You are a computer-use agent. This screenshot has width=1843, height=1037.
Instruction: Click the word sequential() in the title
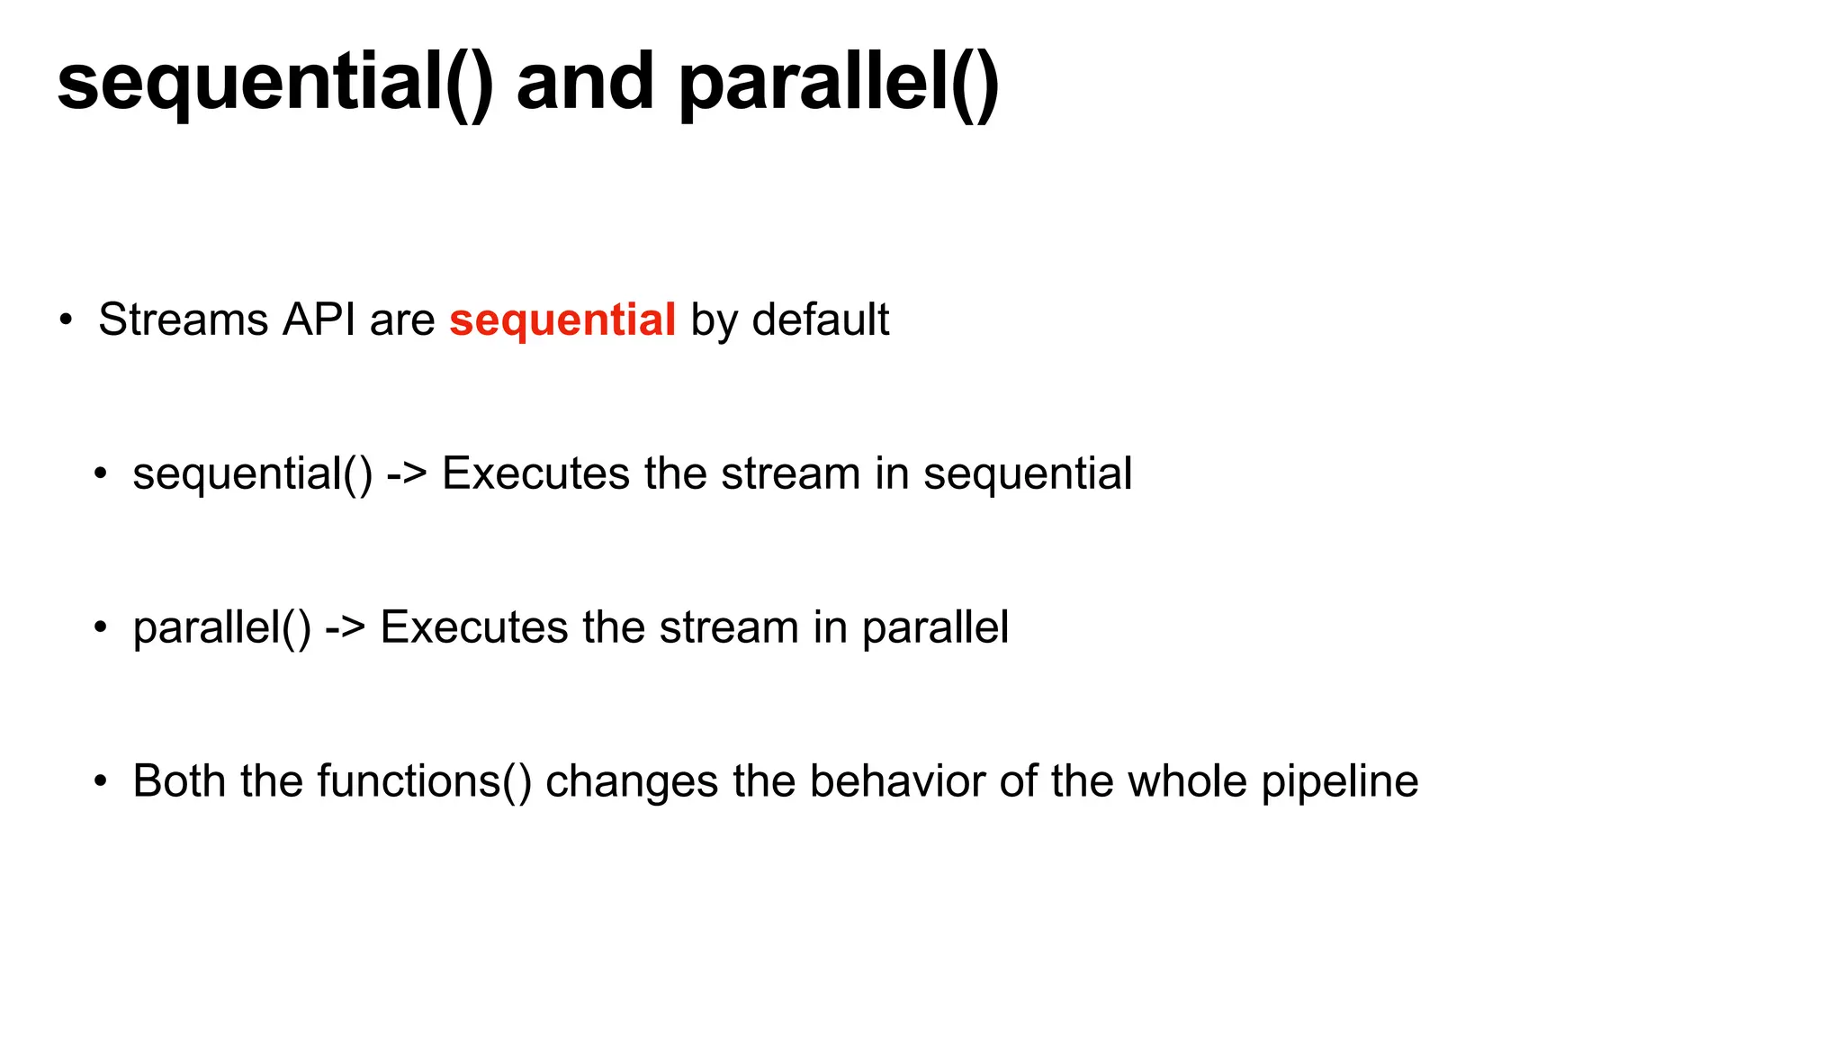(x=274, y=83)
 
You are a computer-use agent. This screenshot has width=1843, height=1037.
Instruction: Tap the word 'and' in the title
(x=585, y=83)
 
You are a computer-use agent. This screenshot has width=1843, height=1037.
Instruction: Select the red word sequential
(x=562, y=320)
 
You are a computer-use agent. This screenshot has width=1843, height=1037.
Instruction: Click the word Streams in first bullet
(x=183, y=320)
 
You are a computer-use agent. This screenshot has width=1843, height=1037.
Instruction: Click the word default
(x=820, y=320)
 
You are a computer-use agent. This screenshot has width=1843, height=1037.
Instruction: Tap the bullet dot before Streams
(x=65, y=320)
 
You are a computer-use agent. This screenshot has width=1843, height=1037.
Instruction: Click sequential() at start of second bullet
(x=252, y=474)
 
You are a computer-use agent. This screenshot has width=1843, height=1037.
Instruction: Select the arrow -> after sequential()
(x=406, y=474)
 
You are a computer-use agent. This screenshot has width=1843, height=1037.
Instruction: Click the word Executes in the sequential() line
(x=535, y=474)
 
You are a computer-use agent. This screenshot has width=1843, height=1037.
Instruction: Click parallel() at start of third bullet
(x=221, y=628)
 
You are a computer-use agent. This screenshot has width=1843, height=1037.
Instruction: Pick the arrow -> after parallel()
(x=345, y=628)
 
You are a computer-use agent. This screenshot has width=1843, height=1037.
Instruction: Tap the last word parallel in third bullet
(x=935, y=628)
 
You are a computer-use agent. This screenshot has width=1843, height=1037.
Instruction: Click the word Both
(x=179, y=781)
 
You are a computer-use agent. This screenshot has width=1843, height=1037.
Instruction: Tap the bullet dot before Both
(x=100, y=781)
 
